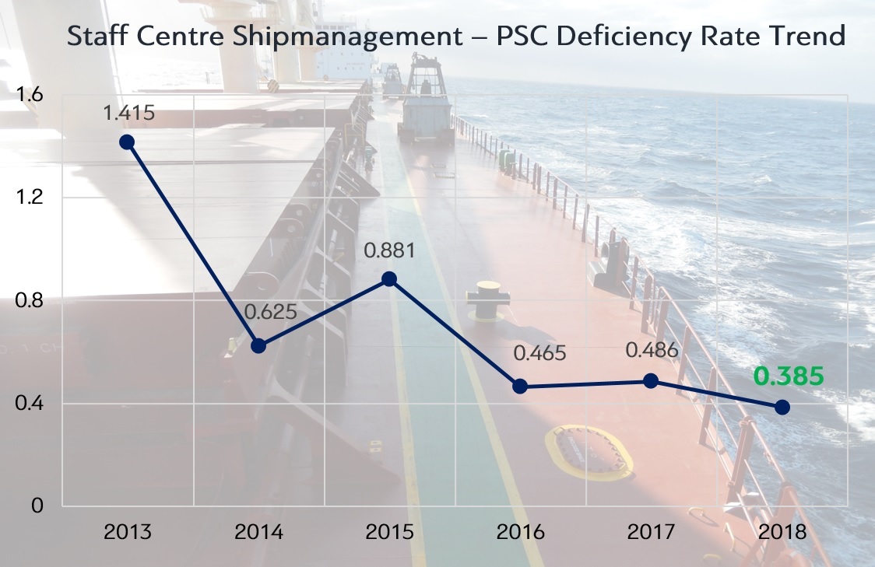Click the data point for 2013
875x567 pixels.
[127, 142]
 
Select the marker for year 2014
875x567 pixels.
[258, 345]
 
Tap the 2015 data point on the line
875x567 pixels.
[390, 279]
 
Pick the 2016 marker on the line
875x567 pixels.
[521, 387]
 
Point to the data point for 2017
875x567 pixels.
[652, 381]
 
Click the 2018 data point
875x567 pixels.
[782, 407]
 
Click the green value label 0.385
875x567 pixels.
[788, 376]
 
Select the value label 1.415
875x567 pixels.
[129, 114]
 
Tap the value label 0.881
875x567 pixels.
[390, 251]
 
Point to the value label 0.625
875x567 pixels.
[271, 313]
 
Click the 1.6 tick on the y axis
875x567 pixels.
[29, 95]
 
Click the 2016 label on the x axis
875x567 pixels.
[520, 534]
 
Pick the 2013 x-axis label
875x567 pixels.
[127, 534]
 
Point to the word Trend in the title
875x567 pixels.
[807, 36]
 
